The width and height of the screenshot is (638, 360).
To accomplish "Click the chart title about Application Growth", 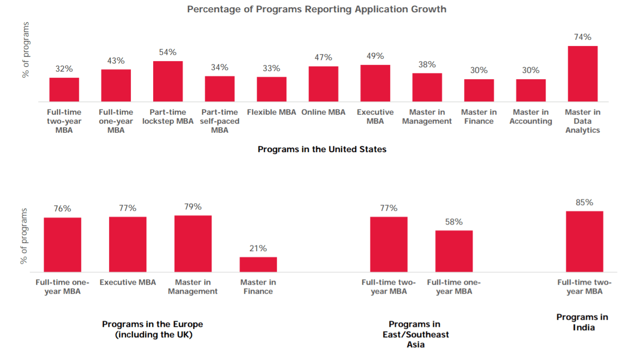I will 317,9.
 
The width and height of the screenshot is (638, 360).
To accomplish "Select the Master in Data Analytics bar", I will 583,74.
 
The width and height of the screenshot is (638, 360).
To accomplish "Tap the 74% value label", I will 583,37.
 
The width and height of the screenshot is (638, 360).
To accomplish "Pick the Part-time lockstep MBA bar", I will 168,81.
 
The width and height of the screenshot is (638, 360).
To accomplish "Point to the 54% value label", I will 168,52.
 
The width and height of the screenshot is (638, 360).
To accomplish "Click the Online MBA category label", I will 323,112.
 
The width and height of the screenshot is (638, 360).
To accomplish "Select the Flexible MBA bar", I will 272,89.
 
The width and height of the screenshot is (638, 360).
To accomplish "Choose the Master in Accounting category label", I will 531,117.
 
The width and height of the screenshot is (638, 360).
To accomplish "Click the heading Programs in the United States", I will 322,149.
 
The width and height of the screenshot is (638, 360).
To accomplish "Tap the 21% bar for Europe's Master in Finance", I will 258,264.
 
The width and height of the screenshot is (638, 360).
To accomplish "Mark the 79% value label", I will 193,207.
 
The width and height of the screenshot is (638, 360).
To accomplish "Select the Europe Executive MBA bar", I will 128,244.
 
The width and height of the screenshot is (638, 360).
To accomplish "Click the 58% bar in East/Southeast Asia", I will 454,251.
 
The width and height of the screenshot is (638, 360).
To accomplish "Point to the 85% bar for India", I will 584,242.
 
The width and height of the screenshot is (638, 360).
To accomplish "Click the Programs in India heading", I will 582,322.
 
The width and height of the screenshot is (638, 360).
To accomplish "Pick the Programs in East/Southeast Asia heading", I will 415,334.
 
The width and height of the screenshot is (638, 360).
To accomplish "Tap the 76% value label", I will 62,208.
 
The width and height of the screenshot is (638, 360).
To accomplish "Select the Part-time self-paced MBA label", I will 219,121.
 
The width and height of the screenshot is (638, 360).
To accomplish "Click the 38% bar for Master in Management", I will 427,87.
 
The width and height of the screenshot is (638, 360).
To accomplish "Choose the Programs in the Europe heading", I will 152,329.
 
